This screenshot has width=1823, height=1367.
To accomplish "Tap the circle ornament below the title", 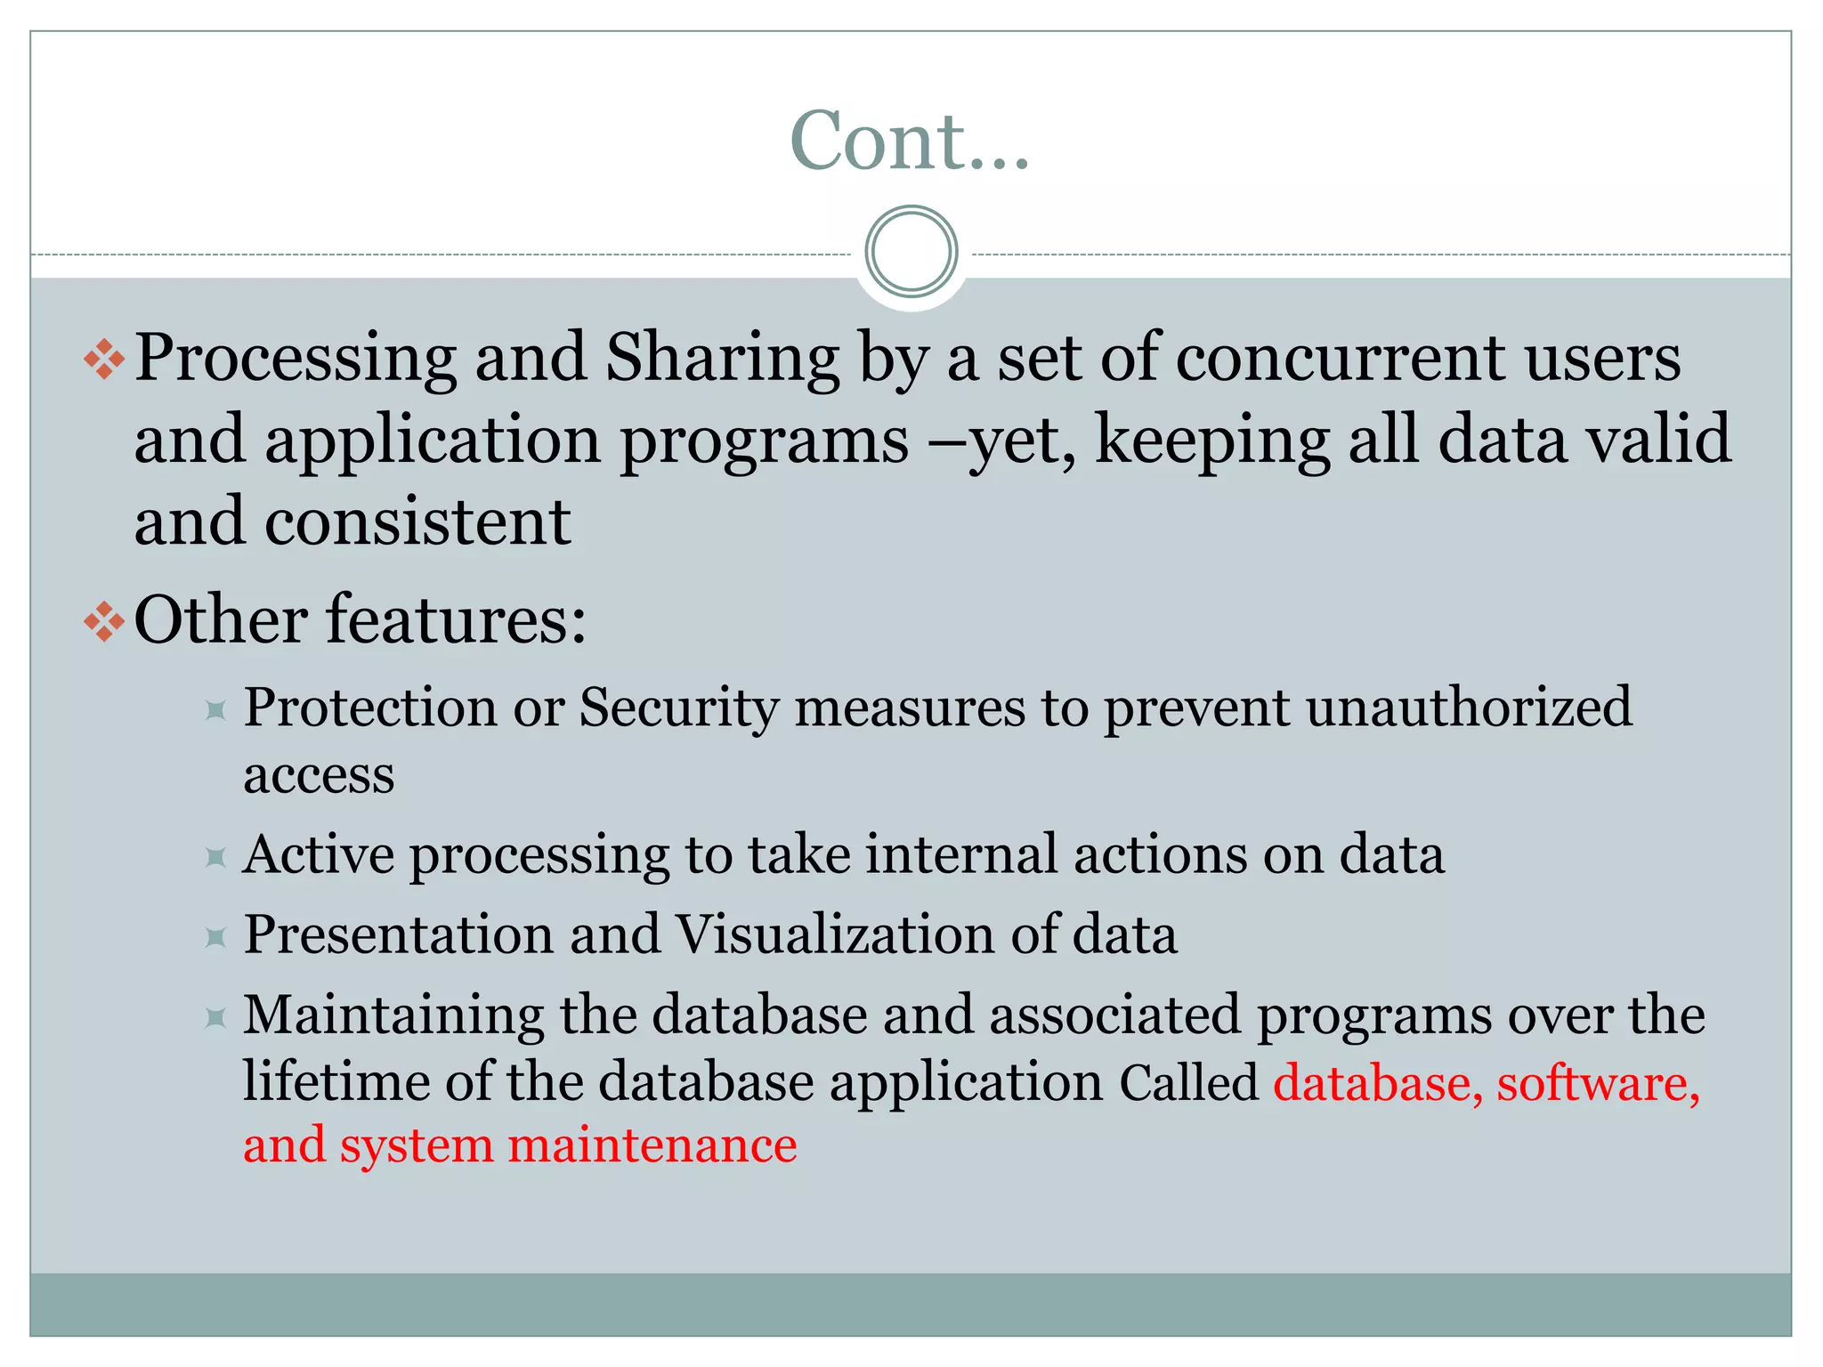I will [x=911, y=251].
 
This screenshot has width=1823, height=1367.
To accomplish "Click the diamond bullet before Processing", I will [x=104, y=360].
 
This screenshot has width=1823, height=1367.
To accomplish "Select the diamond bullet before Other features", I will [x=104, y=621].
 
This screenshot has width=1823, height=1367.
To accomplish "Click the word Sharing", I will [x=722, y=360].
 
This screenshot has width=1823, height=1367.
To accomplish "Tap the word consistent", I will [x=417, y=522].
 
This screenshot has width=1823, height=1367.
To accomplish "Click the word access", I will [x=319, y=776].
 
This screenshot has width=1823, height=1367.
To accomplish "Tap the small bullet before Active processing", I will [x=215, y=857].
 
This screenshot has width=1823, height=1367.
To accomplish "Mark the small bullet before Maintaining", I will [x=215, y=1017].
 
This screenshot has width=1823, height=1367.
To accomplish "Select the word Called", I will [x=1188, y=1083].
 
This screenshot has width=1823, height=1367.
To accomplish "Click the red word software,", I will [x=1598, y=1083].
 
